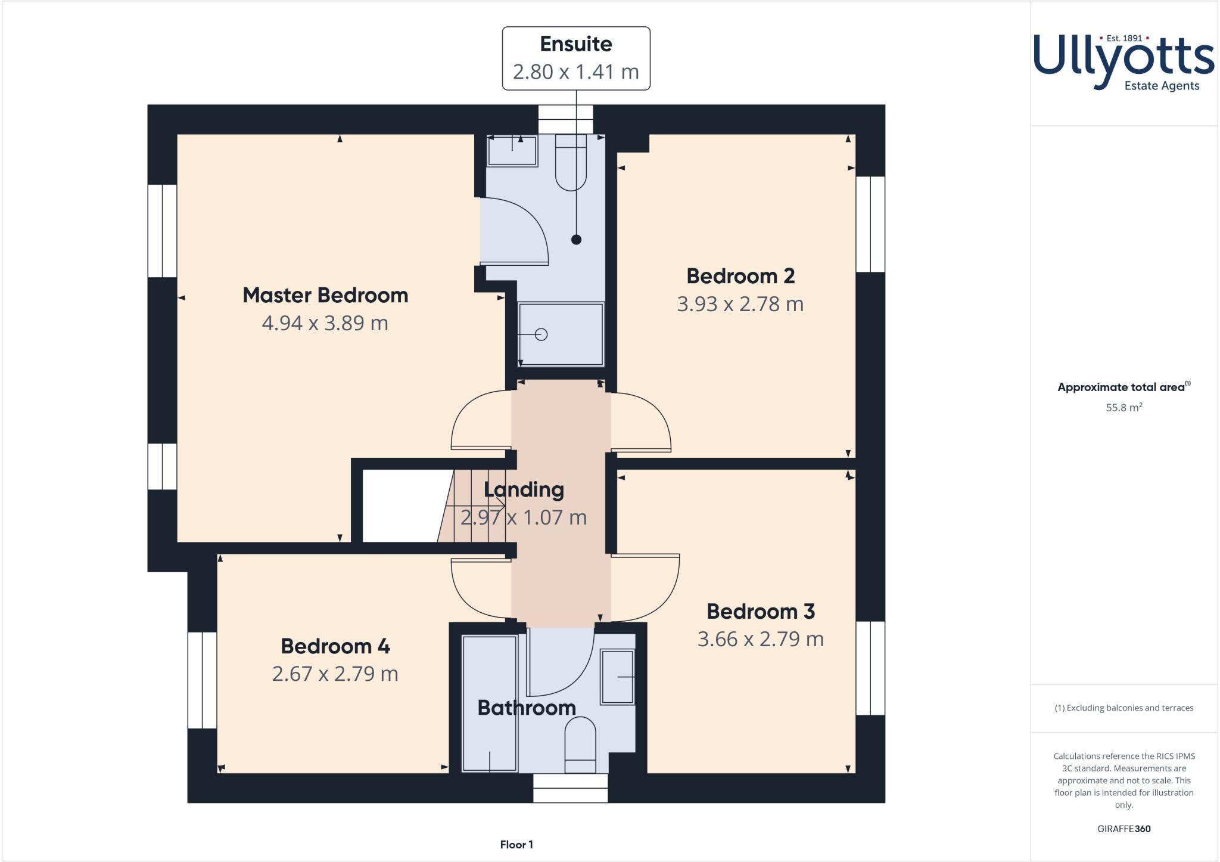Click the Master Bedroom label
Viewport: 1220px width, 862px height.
coord(325,295)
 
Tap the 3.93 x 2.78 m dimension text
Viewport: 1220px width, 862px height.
coord(740,304)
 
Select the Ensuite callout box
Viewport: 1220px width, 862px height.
coord(575,58)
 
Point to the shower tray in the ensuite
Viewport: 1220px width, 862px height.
coord(561,334)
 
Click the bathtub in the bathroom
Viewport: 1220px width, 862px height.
coord(490,703)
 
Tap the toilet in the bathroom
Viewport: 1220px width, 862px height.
coord(580,745)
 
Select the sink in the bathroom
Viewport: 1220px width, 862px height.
coord(618,677)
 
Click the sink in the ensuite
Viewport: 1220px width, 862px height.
coord(512,150)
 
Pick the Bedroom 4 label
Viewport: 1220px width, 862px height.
coord(335,646)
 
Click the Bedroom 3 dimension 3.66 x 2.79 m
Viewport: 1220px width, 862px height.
coord(760,639)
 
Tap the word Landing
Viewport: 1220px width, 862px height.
coord(524,489)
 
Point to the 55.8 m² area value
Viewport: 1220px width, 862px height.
coord(1123,408)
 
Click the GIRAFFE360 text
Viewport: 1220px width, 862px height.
coord(1123,829)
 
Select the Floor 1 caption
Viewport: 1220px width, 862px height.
coord(516,844)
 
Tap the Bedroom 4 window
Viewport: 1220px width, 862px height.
coord(203,680)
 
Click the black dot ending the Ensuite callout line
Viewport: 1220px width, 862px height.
coord(576,240)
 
